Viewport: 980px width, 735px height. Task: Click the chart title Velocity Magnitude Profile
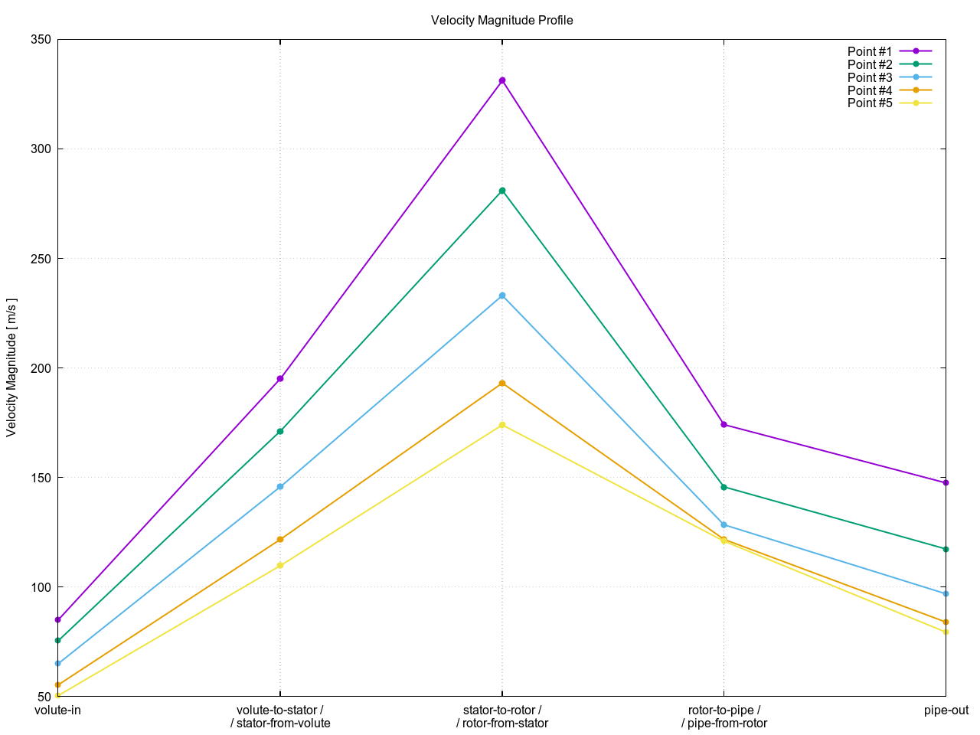(x=501, y=21)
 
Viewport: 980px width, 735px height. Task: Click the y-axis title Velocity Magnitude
(x=11, y=367)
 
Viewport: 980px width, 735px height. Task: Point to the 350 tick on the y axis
(x=41, y=40)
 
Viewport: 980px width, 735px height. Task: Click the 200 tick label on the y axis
(x=41, y=368)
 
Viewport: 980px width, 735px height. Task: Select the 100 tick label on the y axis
(x=41, y=587)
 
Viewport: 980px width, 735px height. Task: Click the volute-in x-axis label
(x=58, y=710)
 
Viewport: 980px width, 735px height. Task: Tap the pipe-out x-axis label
(x=946, y=710)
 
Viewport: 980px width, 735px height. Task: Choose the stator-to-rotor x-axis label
(x=502, y=710)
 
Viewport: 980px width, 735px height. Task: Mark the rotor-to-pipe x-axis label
(x=724, y=710)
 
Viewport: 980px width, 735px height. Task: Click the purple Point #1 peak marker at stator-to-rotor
(x=502, y=80)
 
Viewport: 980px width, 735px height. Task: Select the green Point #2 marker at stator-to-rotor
(x=502, y=191)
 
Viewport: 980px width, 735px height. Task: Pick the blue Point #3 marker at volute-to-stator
(x=280, y=487)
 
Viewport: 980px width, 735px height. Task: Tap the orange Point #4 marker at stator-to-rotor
(x=502, y=383)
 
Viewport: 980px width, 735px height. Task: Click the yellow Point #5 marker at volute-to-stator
(x=280, y=566)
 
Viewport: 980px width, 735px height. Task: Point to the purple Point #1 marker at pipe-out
(x=946, y=483)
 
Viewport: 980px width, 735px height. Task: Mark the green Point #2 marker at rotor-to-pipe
(x=724, y=487)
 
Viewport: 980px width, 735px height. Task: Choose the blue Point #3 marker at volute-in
(x=58, y=664)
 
